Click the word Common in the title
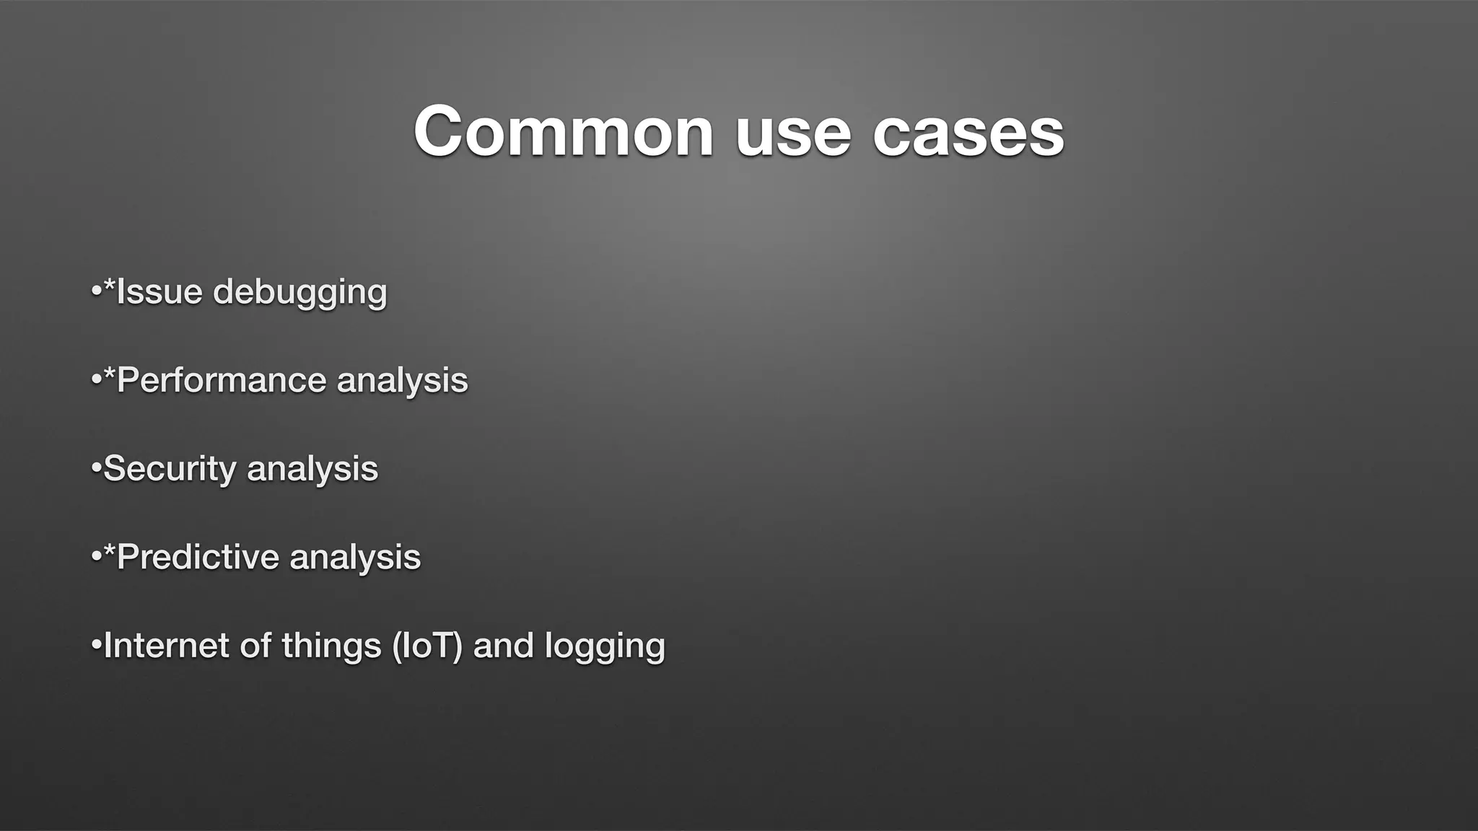[x=564, y=132]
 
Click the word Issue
[x=159, y=292]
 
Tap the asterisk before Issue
[x=110, y=287]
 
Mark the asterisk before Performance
[x=110, y=375]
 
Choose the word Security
[x=170, y=470]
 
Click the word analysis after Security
[x=312, y=470]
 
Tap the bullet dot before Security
[x=96, y=470]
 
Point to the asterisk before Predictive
[x=110, y=552]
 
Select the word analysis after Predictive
[x=355, y=558]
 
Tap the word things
[x=331, y=646]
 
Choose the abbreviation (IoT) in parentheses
[x=427, y=646]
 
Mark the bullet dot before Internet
[x=96, y=646]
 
